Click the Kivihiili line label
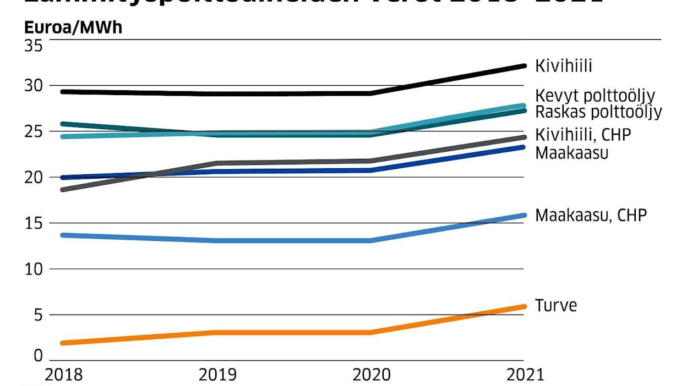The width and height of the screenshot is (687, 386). point(564,67)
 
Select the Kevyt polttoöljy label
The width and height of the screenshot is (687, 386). point(595,96)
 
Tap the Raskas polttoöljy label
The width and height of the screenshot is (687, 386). point(598,112)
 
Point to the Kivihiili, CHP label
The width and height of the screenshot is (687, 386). point(583,135)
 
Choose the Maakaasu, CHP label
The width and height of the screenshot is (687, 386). point(591,215)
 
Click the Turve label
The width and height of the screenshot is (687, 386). point(556,306)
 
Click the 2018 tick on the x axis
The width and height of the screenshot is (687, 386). point(63,374)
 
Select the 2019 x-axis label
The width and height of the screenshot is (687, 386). point(217,374)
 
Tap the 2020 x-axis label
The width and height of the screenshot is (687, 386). point(372,374)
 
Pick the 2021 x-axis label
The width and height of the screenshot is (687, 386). point(524,374)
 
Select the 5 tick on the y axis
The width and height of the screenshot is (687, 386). point(37,315)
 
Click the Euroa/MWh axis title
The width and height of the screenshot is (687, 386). point(73,27)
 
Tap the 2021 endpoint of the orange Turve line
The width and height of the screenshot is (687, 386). point(524,306)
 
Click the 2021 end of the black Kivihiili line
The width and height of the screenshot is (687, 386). point(524,66)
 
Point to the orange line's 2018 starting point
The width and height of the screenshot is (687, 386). point(63,343)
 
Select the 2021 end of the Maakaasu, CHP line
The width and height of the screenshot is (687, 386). point(524,215)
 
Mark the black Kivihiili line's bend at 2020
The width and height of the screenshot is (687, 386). point(372,93)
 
